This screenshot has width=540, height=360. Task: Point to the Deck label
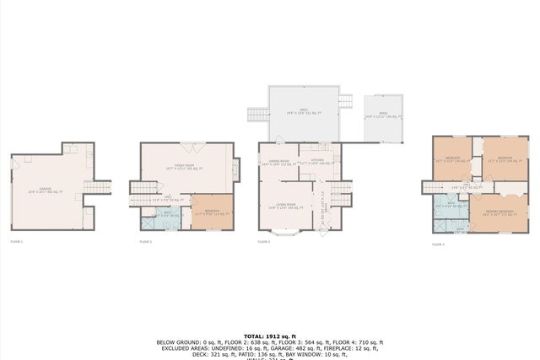click(303, 112)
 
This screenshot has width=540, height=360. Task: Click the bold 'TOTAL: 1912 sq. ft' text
click(269, 335)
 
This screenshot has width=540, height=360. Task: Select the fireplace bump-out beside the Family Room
click(237, 165)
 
